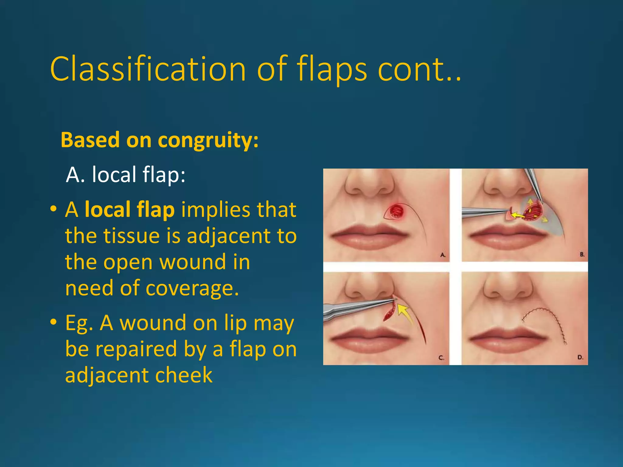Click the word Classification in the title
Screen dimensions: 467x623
148,69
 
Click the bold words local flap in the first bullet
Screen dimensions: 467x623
130,209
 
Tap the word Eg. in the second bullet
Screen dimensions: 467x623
79,323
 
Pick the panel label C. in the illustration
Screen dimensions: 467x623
441,358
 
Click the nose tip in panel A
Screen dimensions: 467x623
370,185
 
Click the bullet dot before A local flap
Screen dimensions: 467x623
54,209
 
